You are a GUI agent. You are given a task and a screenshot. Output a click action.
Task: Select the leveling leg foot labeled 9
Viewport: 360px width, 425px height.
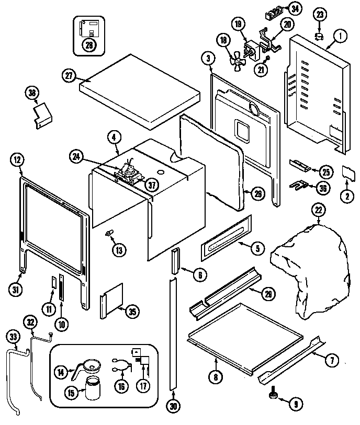(x=274, y=398)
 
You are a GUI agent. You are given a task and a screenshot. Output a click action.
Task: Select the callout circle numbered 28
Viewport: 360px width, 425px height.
(x=89, y=45)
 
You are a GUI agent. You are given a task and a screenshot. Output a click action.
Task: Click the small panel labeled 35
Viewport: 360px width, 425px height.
(x=111, y=304)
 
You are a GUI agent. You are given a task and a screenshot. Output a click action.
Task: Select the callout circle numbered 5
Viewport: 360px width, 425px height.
(x=256, y=249)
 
